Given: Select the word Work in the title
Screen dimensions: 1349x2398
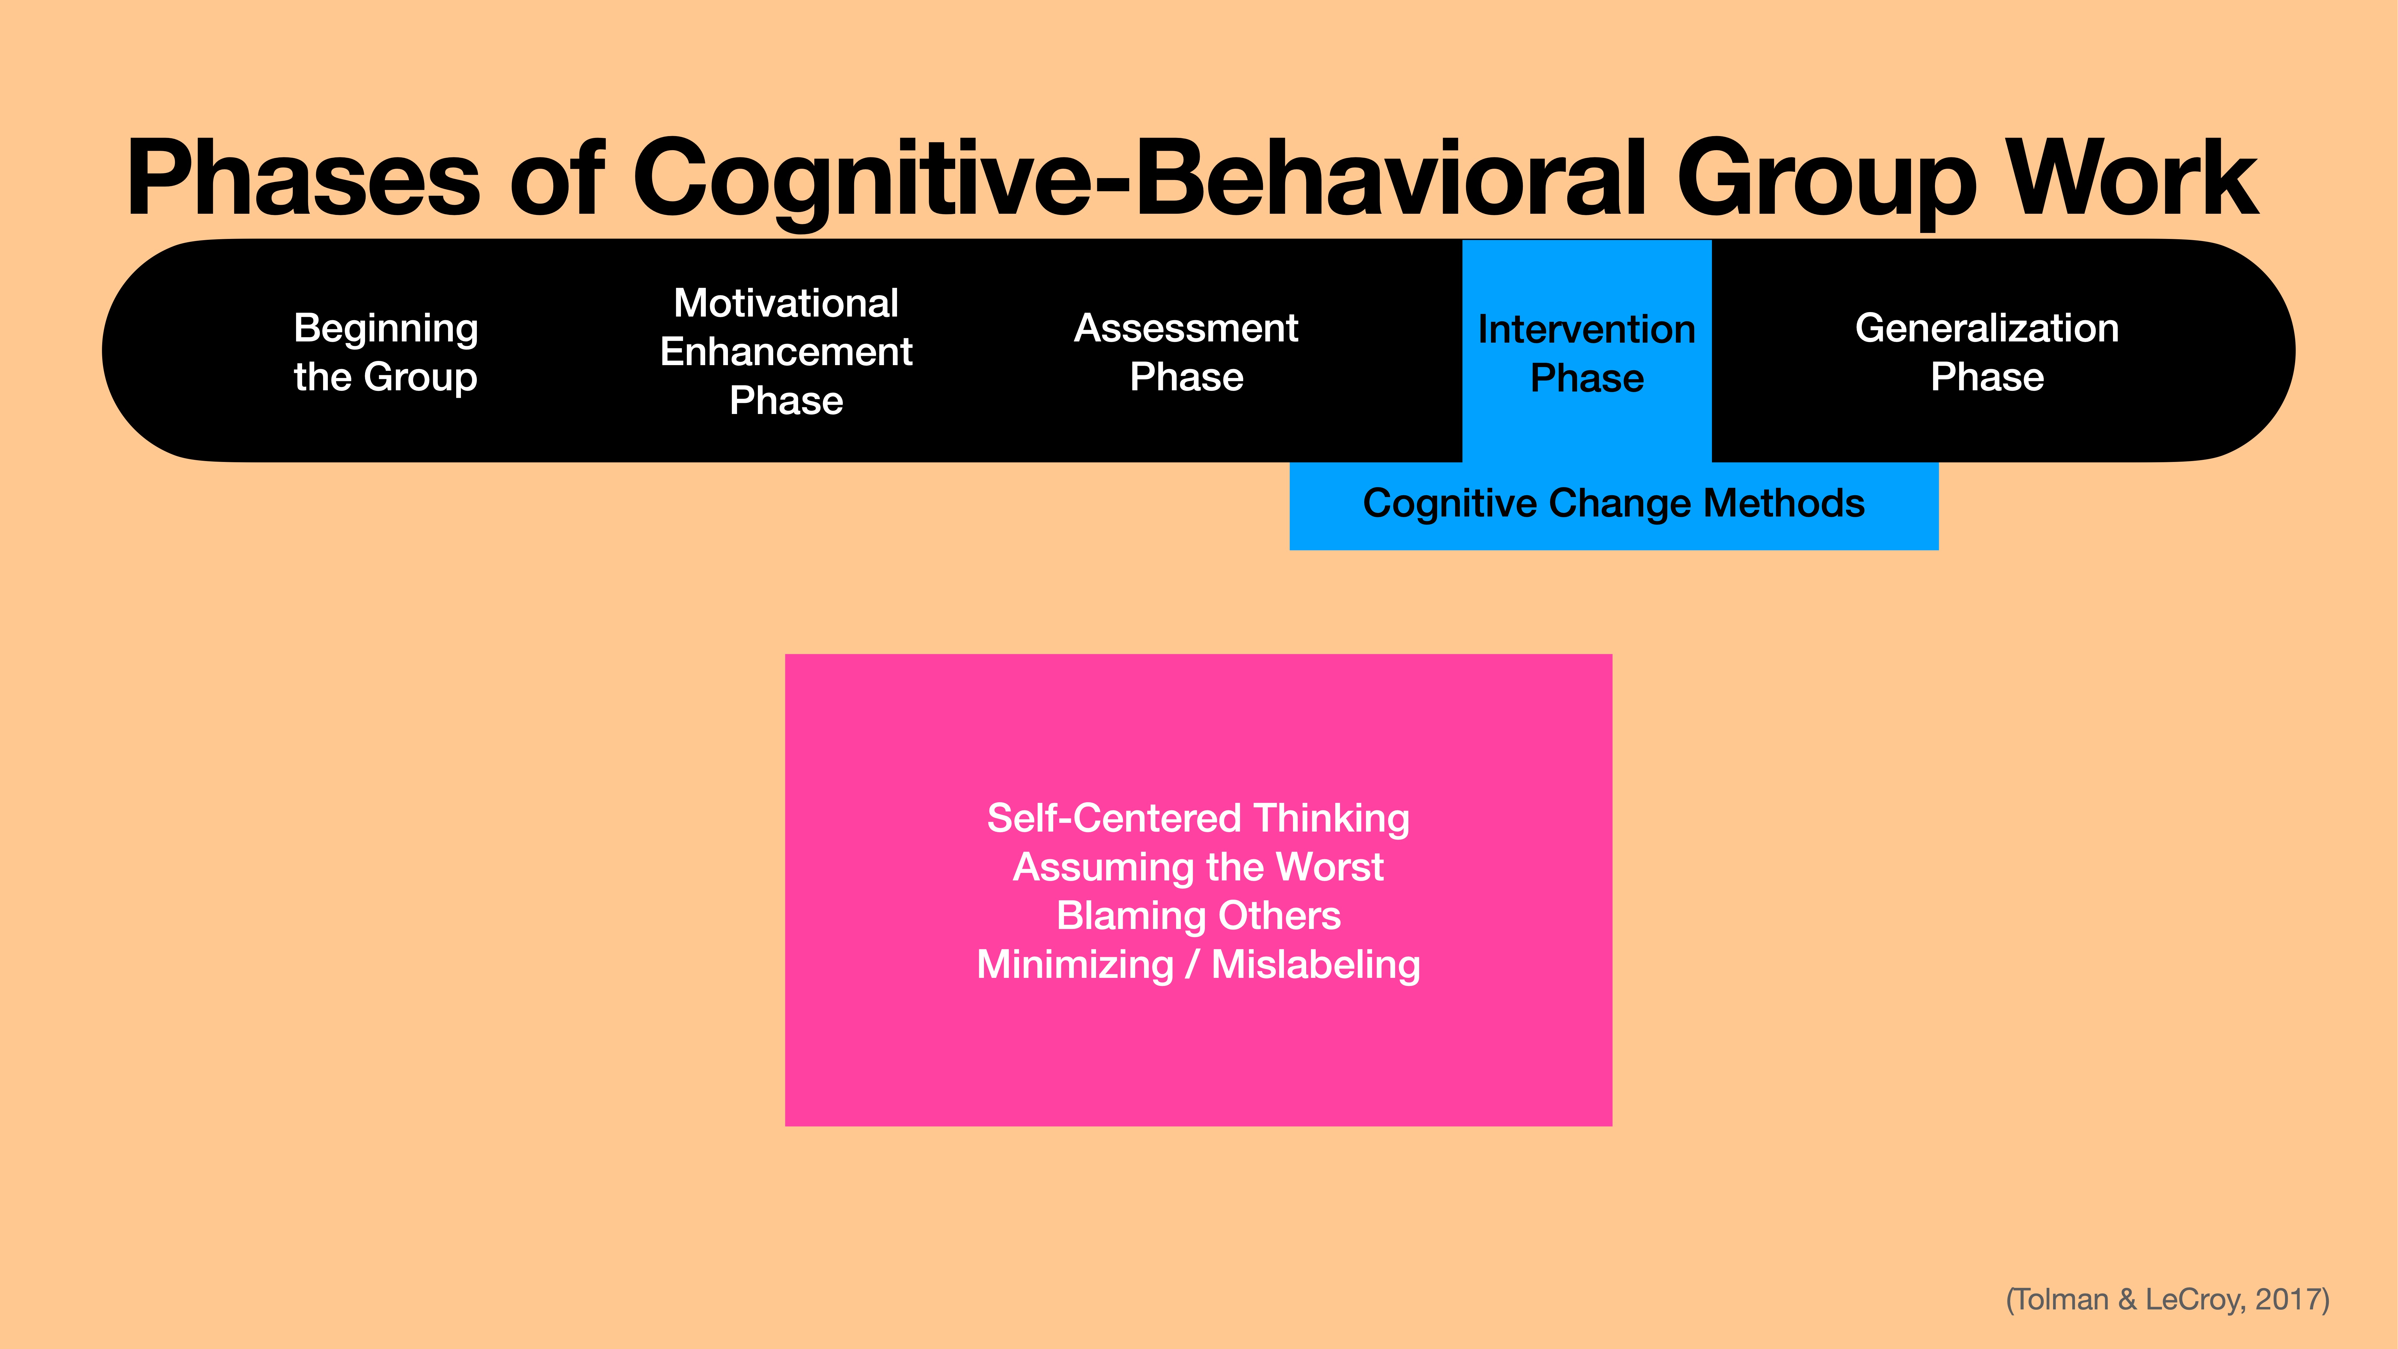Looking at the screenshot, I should [x=2132, y=179].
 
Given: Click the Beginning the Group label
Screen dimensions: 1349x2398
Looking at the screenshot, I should [x=385, y=352].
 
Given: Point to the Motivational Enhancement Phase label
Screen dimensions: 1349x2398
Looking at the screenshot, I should [x=786, y=352].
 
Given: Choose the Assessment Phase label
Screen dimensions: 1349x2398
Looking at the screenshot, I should [x=1186, y=352].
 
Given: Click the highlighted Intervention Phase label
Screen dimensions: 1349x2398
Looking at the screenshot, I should [x=1586, y=354].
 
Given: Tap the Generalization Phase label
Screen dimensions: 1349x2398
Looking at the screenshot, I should [x=1986, y=352].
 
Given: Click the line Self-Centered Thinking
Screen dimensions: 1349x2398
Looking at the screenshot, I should [x=1198, y=818].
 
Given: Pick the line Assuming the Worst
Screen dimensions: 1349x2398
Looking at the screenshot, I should [x=1198, y=867].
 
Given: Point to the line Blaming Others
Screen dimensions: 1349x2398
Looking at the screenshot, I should [x=1198, y=915].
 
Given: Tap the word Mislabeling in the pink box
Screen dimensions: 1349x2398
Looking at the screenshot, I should [x=1315, y=964].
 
